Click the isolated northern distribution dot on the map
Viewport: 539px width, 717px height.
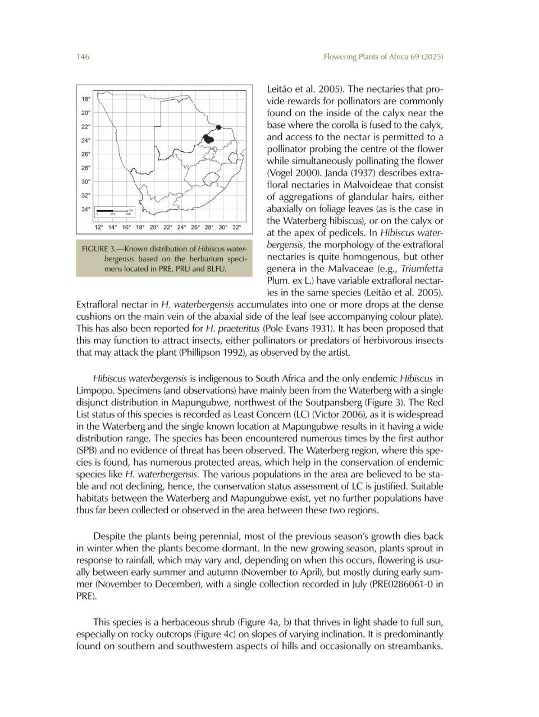click(218, 127)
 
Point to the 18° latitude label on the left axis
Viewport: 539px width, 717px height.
click(85, 99)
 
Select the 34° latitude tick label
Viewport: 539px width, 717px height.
click(85, 209)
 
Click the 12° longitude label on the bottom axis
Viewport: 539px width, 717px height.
click(98, 227)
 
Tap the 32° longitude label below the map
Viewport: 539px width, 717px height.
click(236, 227)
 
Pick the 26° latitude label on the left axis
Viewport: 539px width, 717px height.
click(85, 154)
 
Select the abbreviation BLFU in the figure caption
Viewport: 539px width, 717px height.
click(225, 269)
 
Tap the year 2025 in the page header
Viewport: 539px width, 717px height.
click(432, 57)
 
